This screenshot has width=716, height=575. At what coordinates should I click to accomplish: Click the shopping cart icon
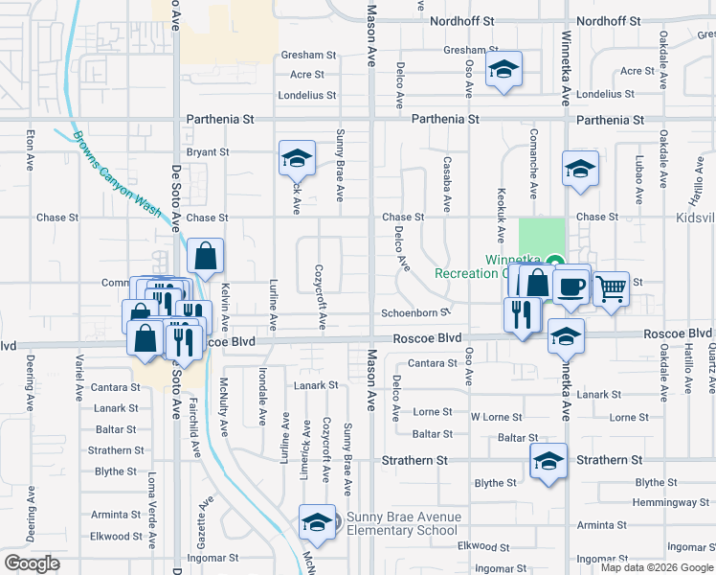[611, 286]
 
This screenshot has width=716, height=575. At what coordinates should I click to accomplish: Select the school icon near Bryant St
[297, 158]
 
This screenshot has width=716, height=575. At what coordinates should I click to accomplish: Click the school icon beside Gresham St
[503, 69]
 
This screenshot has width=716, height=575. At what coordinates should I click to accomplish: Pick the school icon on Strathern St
[548, 462]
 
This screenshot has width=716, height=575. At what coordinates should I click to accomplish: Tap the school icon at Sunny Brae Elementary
[316, 522]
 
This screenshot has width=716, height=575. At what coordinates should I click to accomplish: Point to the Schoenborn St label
[415, 312]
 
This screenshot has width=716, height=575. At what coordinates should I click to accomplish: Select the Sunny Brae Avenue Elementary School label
[403, 524]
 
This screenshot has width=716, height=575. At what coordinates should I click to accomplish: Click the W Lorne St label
[496, 418]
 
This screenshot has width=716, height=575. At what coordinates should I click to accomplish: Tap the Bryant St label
[208, 151]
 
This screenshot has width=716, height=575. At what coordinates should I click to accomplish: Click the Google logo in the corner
[32, 563]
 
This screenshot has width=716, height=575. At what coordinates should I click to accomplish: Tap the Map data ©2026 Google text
[656, 567]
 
